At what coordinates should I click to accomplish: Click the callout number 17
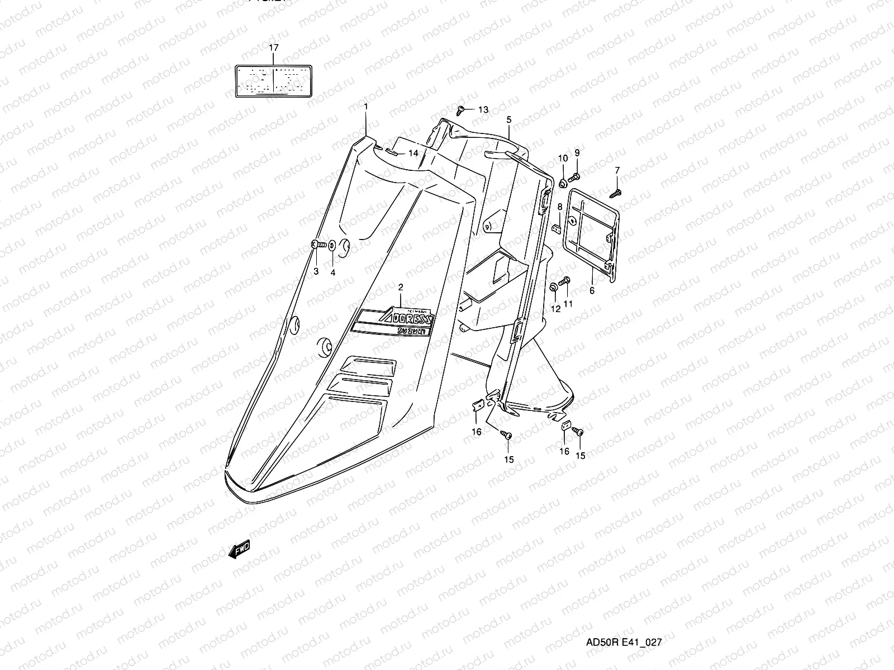click(273, 48)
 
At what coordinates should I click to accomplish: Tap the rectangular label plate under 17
click(273, 81)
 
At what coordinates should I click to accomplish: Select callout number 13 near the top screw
click(483, 110)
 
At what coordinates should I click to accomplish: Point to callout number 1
click(366, 106)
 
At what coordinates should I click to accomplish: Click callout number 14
click(413, 153)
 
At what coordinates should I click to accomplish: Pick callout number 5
click(509, 119)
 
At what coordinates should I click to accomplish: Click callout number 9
click(577, 153)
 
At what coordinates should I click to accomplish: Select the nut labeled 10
click(563, 183)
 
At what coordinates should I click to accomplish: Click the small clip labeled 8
click(557, 228)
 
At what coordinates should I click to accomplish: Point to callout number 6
click(592, 290)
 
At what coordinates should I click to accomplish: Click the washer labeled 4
click(332, 245)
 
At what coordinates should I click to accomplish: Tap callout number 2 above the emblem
click(400, 288)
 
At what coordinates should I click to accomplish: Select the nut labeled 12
click(554, 288)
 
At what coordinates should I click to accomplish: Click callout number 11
click(568, 304)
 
